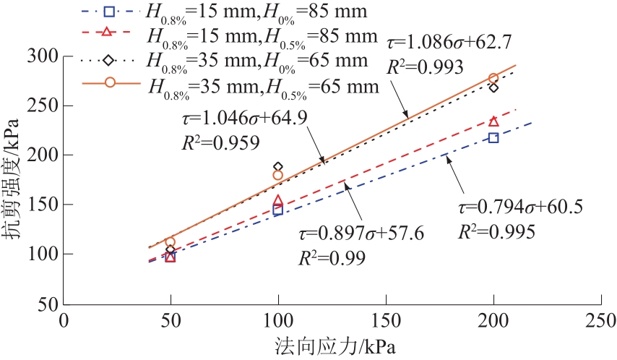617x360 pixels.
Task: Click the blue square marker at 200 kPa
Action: click(493, 137)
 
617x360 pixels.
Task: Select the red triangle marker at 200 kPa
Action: click(493, 121)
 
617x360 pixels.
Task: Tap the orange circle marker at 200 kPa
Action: click(493, 78)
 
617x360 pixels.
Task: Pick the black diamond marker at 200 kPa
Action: click(493, 87)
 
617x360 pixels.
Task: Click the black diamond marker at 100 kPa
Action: click(278, 167)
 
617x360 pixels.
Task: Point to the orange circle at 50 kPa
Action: click(171, 242)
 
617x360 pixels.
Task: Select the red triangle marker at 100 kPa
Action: click(278, 200)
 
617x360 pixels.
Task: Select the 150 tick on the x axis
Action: click(385, 320)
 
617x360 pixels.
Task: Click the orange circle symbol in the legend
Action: click(111, 82)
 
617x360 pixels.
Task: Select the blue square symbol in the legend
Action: click(109, 12)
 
